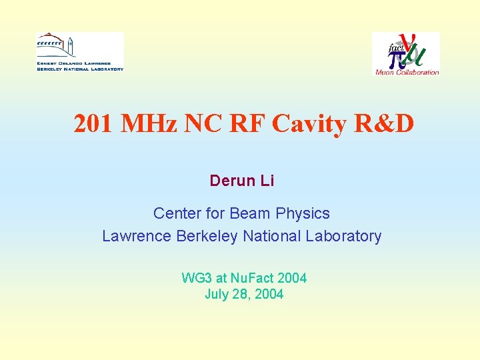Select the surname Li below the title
tap(267, 181)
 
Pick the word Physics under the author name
tap(303, 213)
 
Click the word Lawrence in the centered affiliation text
tap(137, 236)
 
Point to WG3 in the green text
tap(197, 278)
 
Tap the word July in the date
tap(217, 294)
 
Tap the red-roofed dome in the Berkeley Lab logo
tap(51, 39)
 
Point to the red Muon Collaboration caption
tap(407, 72)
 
